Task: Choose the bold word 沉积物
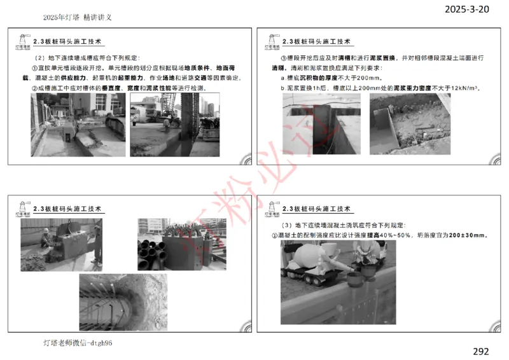[x=320, y=78]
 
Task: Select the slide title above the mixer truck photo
[x=317, y=209]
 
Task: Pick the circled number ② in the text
[x=35, y=88]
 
